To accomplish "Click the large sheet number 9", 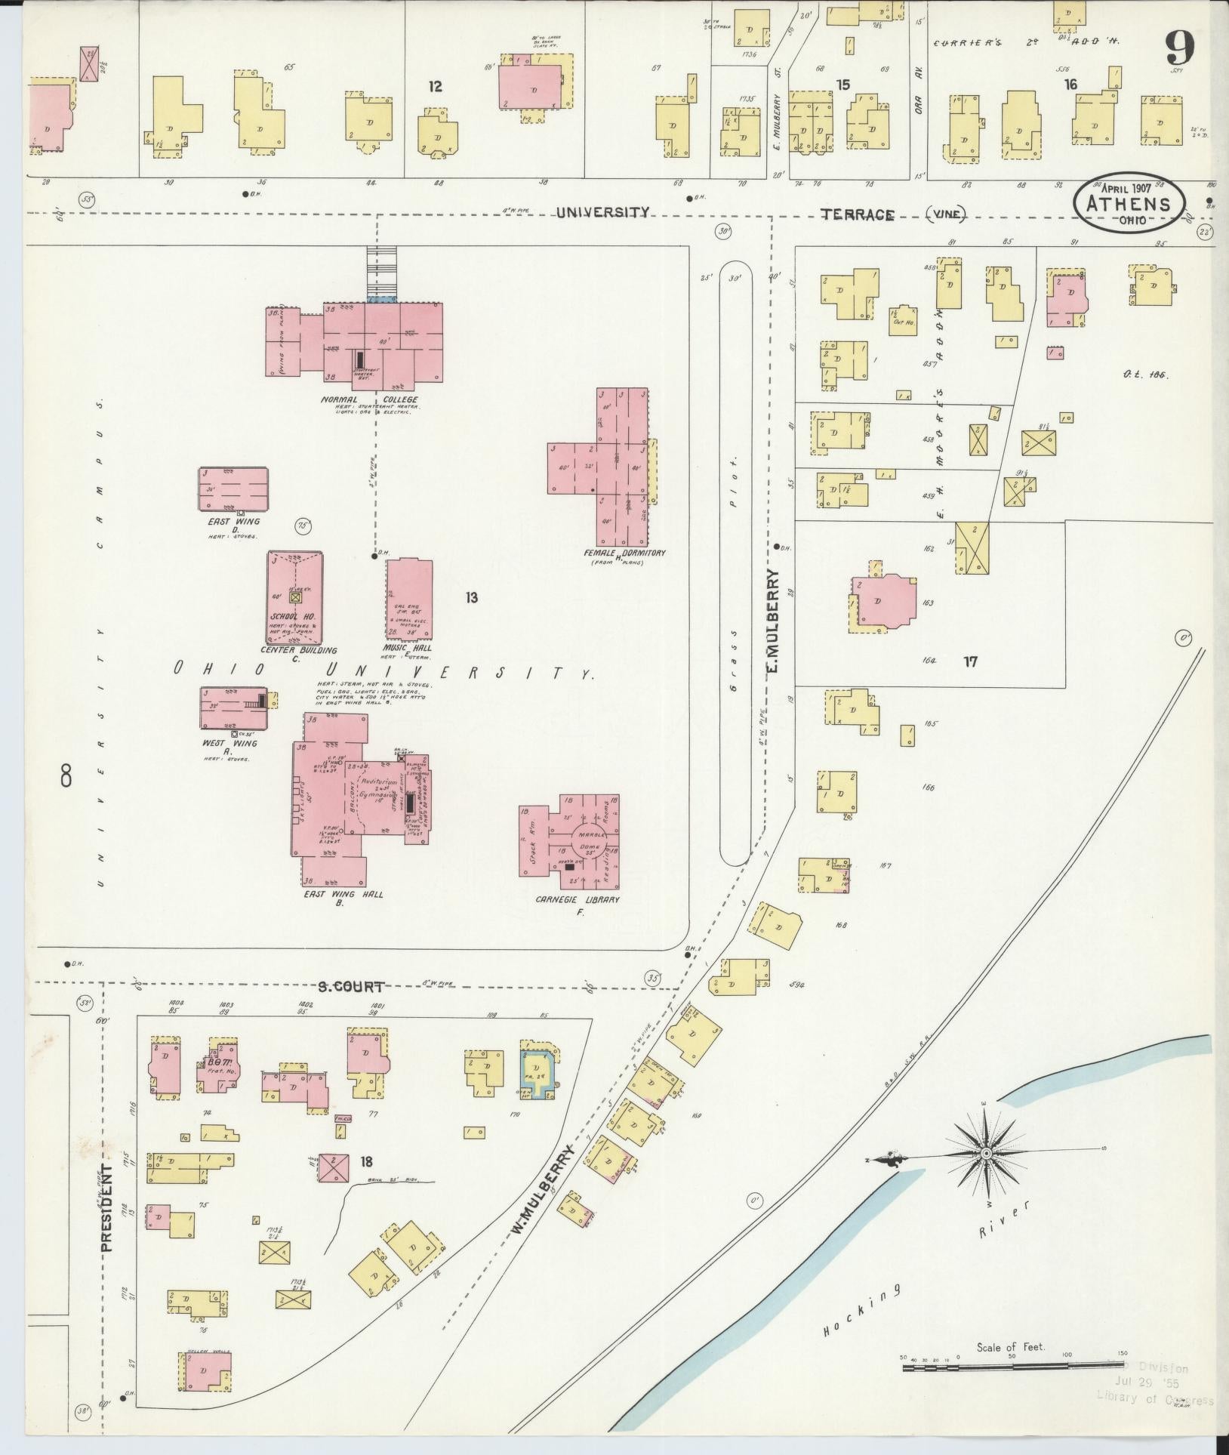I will click(1178, 51).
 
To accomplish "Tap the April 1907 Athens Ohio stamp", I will click(1129, 202).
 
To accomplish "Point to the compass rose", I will click(986, 1176).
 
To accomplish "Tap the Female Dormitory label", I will click(623, 553).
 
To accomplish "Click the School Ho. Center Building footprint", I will click(295, 596).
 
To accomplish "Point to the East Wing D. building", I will click(233, 489).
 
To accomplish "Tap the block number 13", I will click(471, 598).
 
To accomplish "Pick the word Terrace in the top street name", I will click(857, 214).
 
